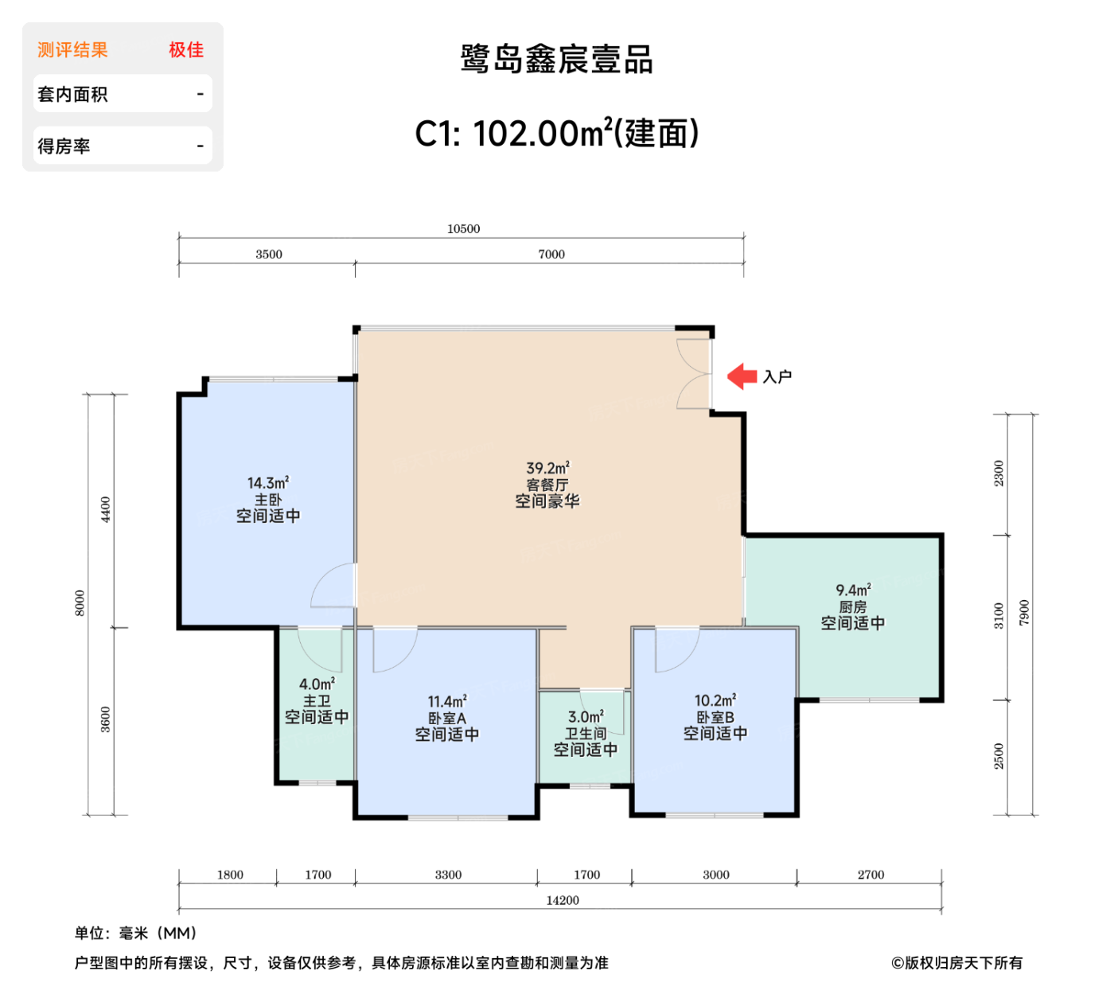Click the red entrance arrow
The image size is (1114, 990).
click(x=742, y=376)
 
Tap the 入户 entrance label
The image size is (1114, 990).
click(x=777, y=376)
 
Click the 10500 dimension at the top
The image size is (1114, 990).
click(x=463, y=229)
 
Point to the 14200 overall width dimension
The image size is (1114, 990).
click(x=562, y=900)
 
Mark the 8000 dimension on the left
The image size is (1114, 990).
click(x=80, y=602)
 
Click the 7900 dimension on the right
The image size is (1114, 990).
click(x=1024, y=613)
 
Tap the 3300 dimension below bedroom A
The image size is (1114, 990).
click(x=448, y=875)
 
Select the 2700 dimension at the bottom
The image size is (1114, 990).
click(x=871, y=875)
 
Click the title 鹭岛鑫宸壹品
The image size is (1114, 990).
click(x=557, y=60)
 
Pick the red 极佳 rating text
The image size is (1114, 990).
click(x=186, y=50)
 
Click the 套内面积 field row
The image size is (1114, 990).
click(x=123, y=94)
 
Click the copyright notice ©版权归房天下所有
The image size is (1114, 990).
click(x=956, y=963)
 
